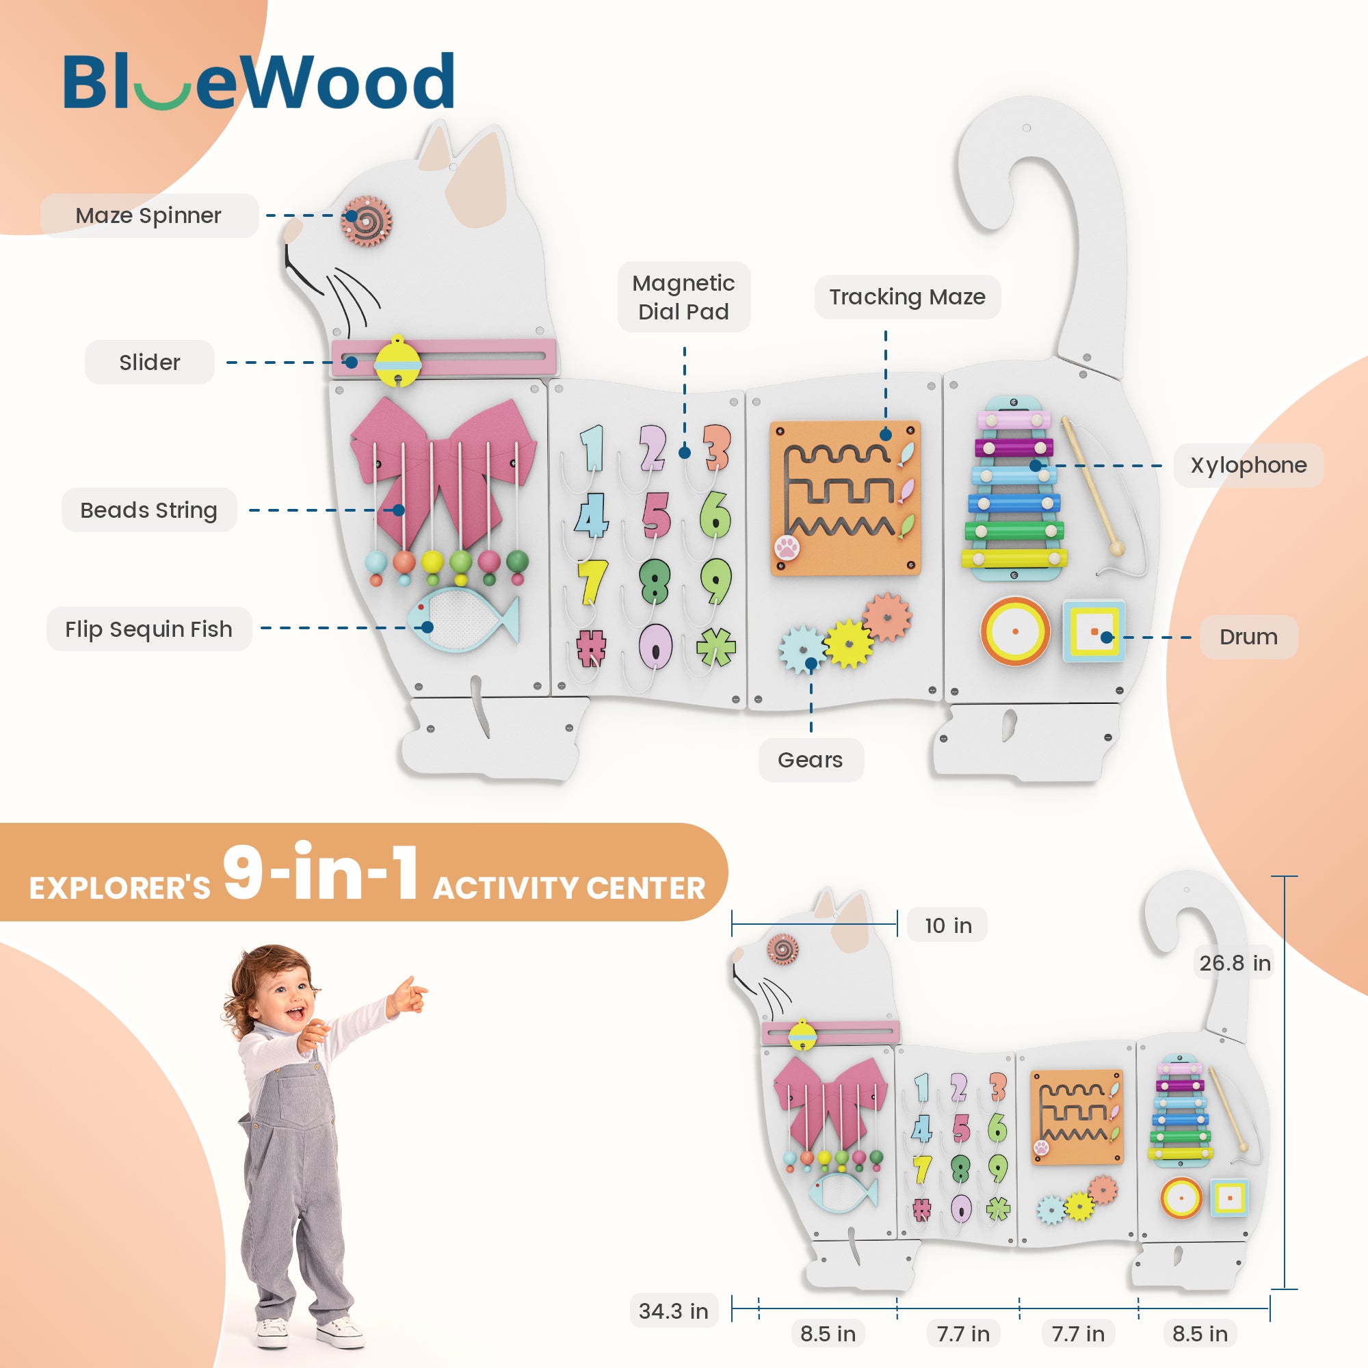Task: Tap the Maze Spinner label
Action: pyautogui.click(x=148, y=215)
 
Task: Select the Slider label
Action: pyautogui.click(x=149, y=362)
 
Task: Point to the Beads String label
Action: pyautogui.click(x=148, y=510)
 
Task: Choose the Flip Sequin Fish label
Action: pyautogui.click(x=148, y=629)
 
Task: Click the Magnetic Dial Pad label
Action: pyautogui.click(x=683, y=297)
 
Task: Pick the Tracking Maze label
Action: pyautogui.click(x=907, y=297)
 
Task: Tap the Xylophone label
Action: pyautogui.click(x=1248, y=465)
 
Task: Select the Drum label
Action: pyautogui.click(x=1248, y=637)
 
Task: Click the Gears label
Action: pyautogui.click(x=810, y=760)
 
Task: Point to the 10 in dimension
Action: pyautogui.click(x=947, y=925)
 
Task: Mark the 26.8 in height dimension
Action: pyautogui.click(x=1234, y=963)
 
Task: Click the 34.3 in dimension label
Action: pyautogui.click(x=672, y=1311)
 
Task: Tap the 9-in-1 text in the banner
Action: pyautogui.click(x=320, y=872)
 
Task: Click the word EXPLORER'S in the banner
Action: pyautogui.click(x=120, y=888)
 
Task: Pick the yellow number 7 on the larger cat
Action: pyautogui.click(x=591, y=582)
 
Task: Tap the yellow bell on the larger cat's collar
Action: pyautogui.click(x=397, y=361)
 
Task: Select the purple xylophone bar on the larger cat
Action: pyautogui.click(x=1013, y=447)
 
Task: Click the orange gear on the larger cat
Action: pyautogui.click(x=886, y=616)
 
